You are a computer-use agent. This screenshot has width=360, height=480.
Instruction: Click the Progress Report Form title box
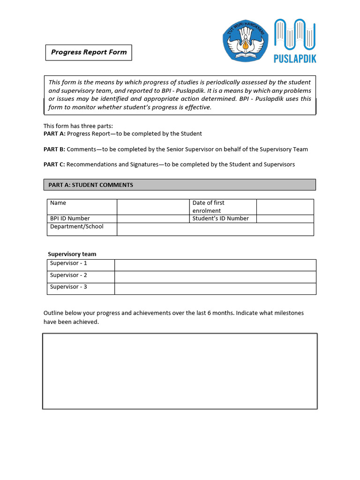click(89, 52)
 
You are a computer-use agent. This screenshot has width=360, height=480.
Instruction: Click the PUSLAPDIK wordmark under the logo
click(294, 59)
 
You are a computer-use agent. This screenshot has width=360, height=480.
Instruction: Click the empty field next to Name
click(152, 207)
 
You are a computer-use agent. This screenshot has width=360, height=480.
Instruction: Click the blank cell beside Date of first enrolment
click(285, 207)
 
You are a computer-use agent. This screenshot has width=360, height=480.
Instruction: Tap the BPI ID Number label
click(70, 218)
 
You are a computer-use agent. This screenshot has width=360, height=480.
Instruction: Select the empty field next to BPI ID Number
click(152, 218)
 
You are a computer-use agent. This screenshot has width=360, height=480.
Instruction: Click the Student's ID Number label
click(221, 218)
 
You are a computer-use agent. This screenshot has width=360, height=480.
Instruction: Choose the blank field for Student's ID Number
click(285, 218)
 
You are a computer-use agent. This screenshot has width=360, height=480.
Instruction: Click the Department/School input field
click(215, 229)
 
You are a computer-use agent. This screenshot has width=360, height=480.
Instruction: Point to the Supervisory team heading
click(72, 254)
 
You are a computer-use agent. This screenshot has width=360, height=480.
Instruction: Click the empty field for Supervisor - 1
click(215, 265)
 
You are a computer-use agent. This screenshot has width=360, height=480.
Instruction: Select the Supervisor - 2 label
click(68, 275)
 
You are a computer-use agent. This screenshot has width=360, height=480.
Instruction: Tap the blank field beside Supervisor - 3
click(215, 289)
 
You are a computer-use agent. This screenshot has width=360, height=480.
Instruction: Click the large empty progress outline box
click(180, 371)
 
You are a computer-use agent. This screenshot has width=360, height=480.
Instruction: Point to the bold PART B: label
click(54, 150)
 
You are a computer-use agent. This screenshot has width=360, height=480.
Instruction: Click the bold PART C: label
click(54, 165)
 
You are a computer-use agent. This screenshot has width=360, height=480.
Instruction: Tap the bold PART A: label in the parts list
click(54, 134)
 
